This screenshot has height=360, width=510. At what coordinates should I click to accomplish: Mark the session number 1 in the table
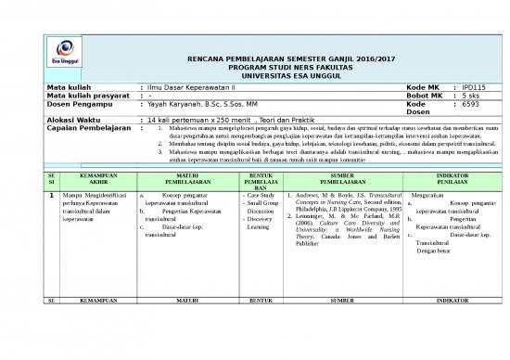point(50,196)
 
